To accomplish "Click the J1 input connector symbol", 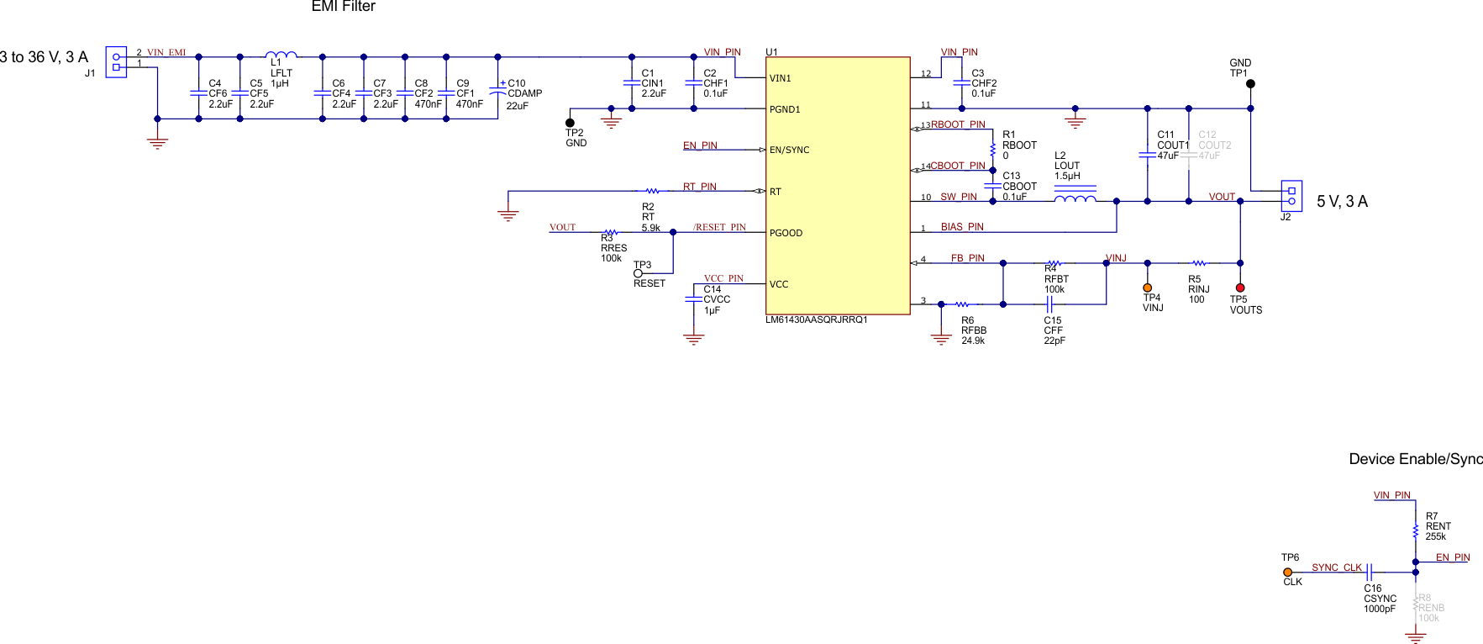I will point(116,62).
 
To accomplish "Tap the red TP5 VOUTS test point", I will point(1240,288).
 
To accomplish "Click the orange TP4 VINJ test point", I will point(1148,288).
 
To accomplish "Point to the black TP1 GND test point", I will point(1250,84).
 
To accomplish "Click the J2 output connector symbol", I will point(1291,196).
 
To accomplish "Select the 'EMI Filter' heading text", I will point(343,7).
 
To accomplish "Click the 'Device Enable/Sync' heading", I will point(1416,459).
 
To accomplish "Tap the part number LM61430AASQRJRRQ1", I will point(816,320).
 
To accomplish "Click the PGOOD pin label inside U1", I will point(786,233).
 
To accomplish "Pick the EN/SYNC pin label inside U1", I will point(789,150).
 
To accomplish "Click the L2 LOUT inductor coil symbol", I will point(1075,198).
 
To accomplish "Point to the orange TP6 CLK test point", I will point(1288,573).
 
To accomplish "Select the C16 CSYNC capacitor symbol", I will point(1369,573).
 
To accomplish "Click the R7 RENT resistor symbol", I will point(1416,531).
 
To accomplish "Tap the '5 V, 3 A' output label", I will point(1342,202).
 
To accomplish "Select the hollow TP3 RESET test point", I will point(638,273).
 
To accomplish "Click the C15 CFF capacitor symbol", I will point(1049,304).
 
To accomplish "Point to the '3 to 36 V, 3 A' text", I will point(44,57).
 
